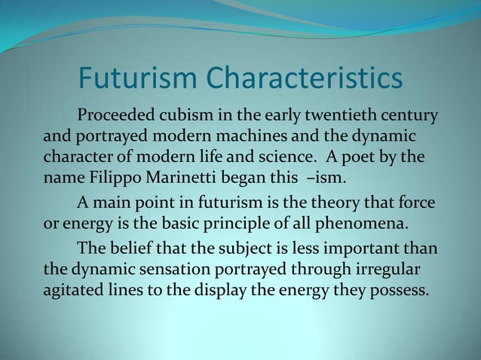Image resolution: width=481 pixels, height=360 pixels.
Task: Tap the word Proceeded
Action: [114, 118]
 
